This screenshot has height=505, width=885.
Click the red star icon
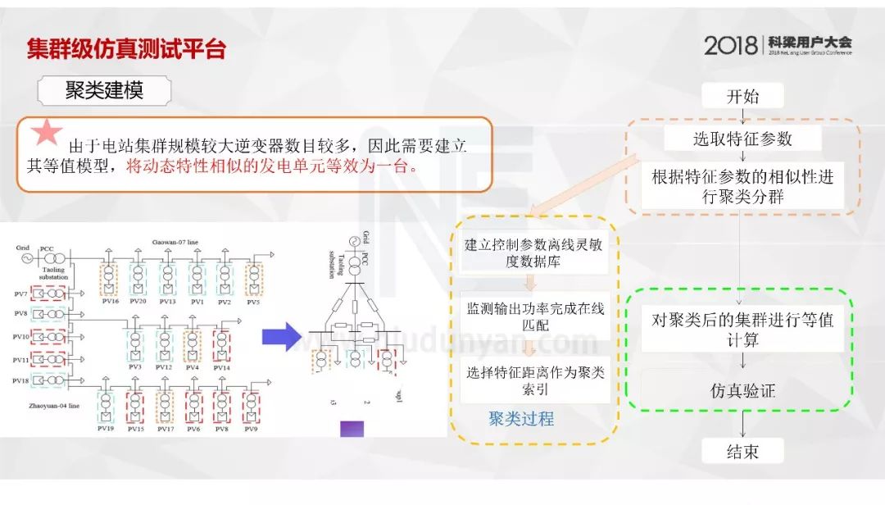[48, 134]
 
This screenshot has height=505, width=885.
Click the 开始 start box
[742, 96]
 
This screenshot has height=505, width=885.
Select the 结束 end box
[742, 452]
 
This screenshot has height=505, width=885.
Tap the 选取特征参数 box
[742, 139]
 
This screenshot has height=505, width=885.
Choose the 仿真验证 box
[742, 391]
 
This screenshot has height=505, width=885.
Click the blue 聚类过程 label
[521, 419]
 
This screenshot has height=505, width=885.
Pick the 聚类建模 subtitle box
[104, 90]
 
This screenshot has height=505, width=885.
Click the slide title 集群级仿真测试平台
[126, 49]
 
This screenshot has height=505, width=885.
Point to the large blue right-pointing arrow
[281, 336]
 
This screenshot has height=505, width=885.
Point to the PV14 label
[221, 367]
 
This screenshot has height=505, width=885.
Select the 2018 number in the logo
[731, 45]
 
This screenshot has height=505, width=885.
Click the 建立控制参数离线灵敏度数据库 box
[534, 252]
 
